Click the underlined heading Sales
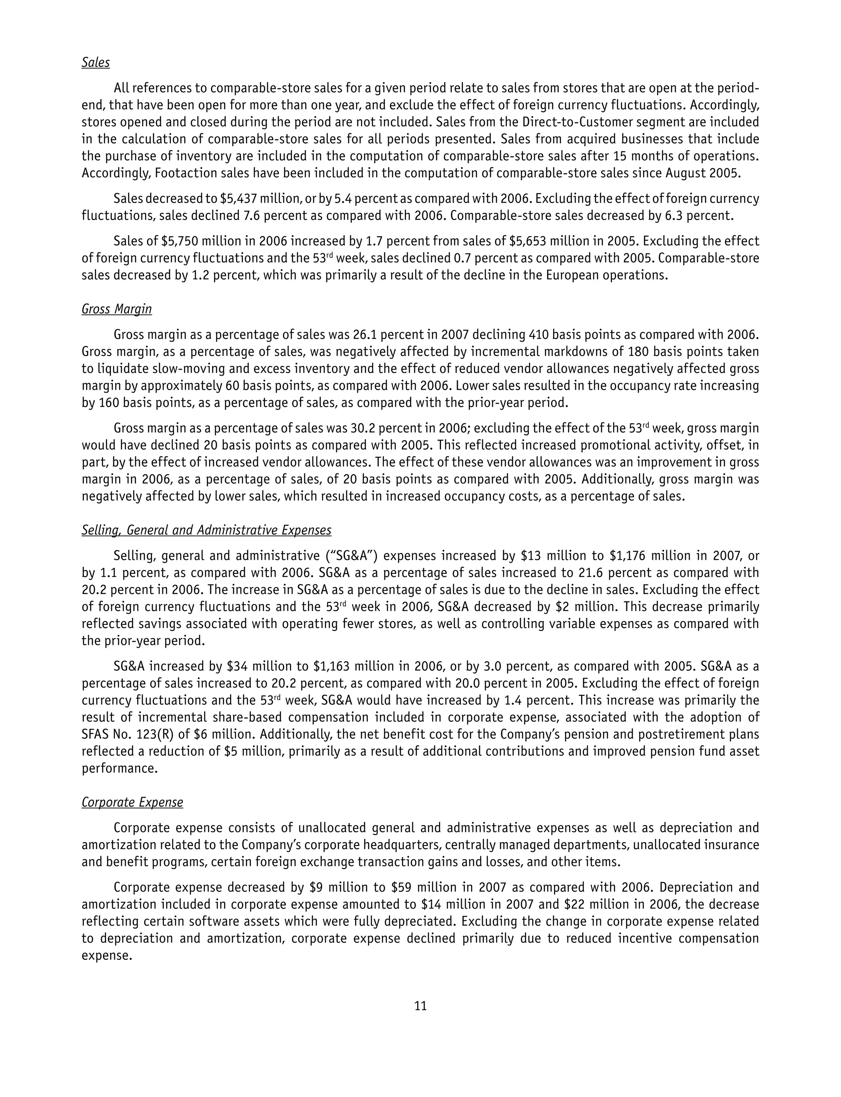(x=96, y=62)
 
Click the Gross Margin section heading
(x=117, y=309)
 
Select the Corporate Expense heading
(x=132, y=802)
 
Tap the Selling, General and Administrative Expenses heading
(x=206, y=530)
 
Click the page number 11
(x=420, y=1006)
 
